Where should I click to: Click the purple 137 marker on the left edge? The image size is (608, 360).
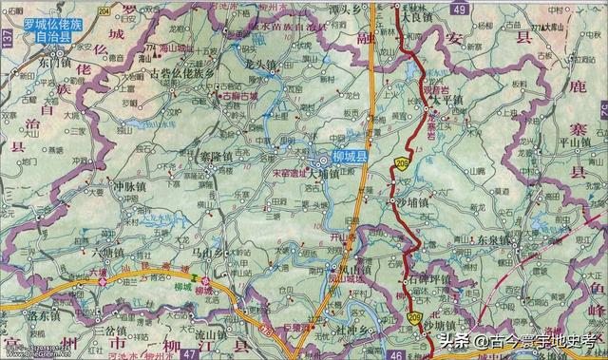pos(8,37)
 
